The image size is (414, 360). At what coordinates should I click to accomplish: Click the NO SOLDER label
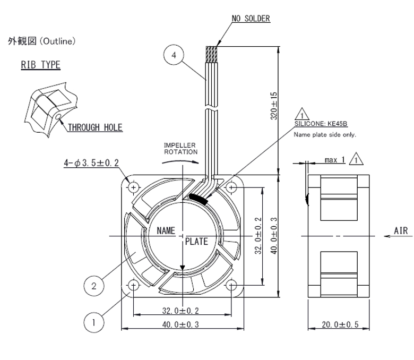(x=251, y=19)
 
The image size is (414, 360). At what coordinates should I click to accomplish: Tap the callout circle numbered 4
(x=174, y=55)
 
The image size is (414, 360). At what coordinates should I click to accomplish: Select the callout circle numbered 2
(x=94, y=286)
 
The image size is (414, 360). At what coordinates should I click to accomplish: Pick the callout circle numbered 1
(x=94, y=322)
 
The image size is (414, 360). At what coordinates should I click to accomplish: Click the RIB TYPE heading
(x=41, y=65)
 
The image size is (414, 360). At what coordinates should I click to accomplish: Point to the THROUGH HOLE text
(x=95, y=127)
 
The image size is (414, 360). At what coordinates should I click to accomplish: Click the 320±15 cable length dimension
(x=274, y=106)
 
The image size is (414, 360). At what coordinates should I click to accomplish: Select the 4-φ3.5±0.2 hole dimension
(x=91, y=162)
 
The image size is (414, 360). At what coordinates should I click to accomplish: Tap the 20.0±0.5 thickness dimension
(x=340, y=324)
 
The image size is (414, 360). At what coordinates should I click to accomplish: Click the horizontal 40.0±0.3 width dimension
(x=180, y=324)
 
